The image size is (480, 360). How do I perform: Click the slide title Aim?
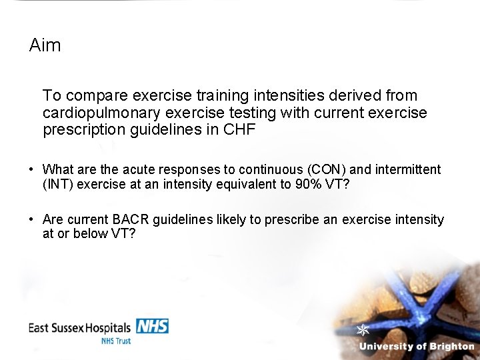click(45, 45)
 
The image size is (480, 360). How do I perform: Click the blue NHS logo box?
click(153, 326)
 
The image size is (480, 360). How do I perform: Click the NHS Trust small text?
click(116, 341)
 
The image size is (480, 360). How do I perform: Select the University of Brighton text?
click(417, 346)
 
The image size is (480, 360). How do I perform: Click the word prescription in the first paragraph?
click(83, 129)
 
